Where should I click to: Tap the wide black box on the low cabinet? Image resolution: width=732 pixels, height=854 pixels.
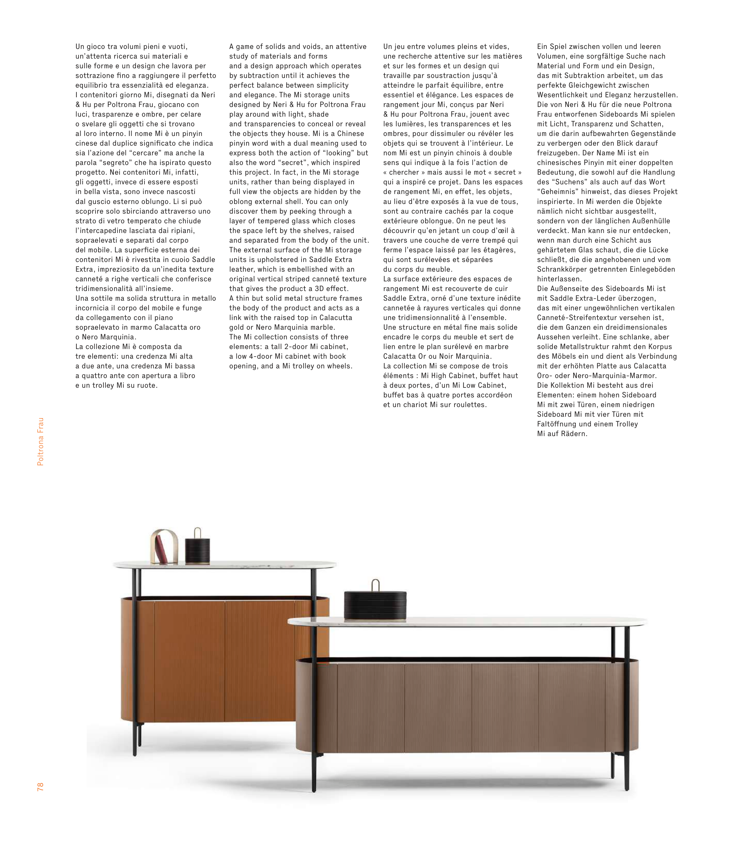click(x=375, y=606)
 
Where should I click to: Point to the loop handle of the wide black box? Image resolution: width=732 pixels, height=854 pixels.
click(x=375, y=585)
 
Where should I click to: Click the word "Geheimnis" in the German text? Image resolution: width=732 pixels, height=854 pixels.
click(x=556, y=192)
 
